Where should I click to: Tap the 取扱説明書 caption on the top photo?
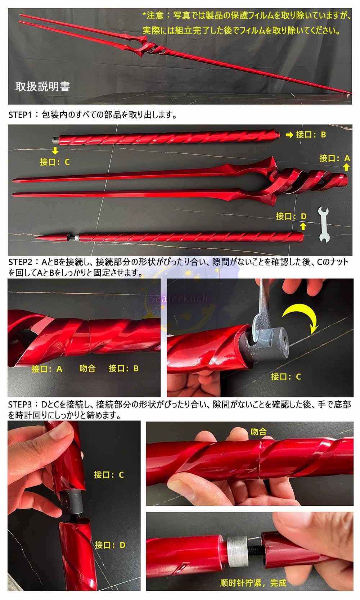point(42,86)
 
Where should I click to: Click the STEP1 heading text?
point(21,115)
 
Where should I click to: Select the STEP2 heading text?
point(21,262)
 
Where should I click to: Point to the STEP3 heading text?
point(21,405)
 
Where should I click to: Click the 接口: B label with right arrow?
point(306,135)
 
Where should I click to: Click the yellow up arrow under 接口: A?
point(346,167)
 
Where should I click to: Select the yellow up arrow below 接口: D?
point(303,226)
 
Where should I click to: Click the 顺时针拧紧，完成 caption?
point(253,583)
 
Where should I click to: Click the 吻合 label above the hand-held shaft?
point(258,431)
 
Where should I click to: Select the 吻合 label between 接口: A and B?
point(87,368)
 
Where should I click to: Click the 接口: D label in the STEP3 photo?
point(110,545)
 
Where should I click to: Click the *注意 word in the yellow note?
point(153,15)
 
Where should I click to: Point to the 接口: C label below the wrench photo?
point(285,376)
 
